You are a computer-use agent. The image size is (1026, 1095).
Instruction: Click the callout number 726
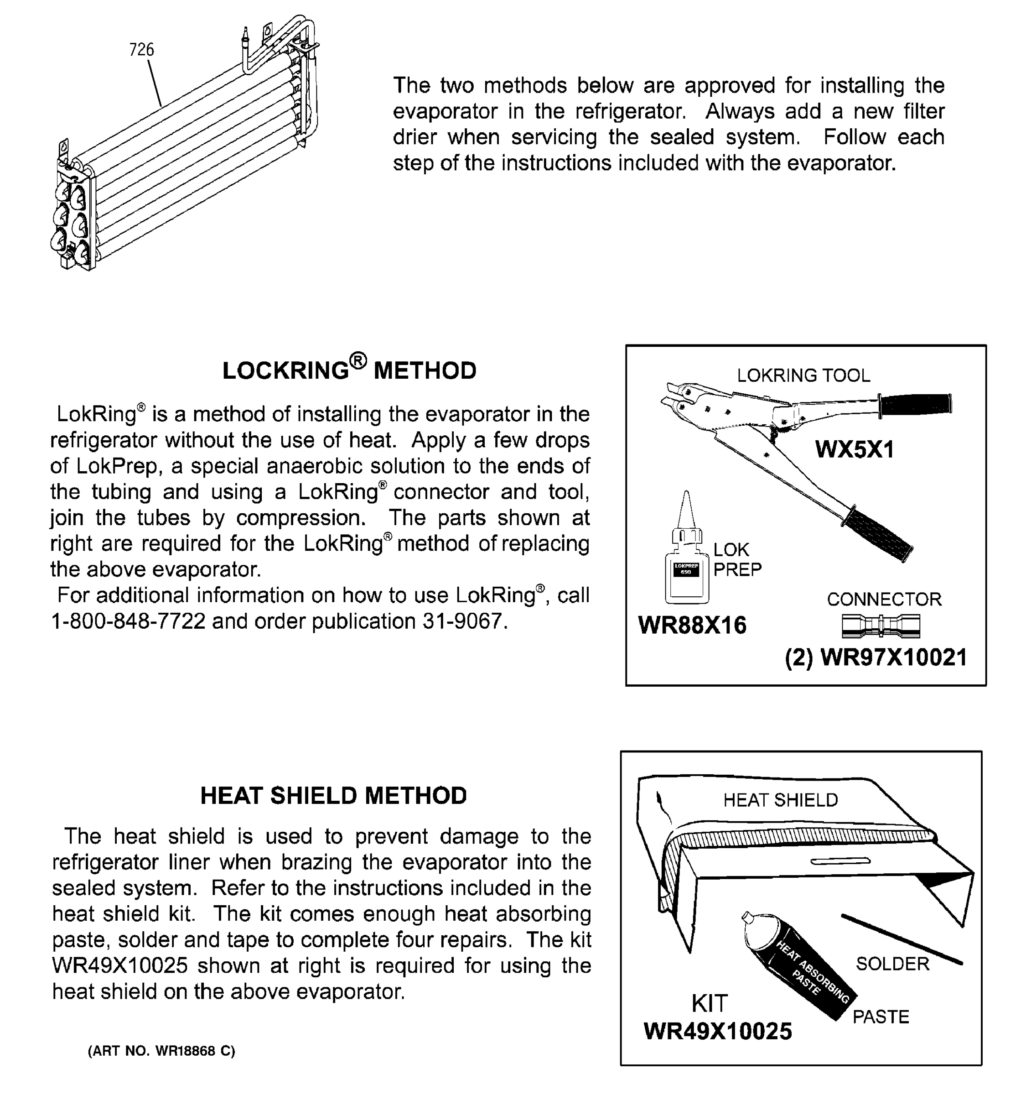click(x=141, y=50)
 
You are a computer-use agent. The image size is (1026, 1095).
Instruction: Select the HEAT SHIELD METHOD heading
click(x=333, y=795)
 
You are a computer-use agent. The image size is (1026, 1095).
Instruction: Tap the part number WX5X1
click(x=854, y=449)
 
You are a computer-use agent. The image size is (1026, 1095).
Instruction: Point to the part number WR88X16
click(x=692, y=625)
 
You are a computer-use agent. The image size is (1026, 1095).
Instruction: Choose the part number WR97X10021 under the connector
click(x=893, y=657)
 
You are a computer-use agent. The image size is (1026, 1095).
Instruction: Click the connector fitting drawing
click(x=881, y=625)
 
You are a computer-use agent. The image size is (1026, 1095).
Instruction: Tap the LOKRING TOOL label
click(x=803, y=375)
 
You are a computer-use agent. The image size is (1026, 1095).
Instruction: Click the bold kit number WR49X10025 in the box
click(x=717, y=1031)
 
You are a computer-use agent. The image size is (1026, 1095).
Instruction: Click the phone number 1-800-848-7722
click(x=128, y=621)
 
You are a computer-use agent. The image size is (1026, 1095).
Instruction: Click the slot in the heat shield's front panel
click(x=840, y=861)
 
